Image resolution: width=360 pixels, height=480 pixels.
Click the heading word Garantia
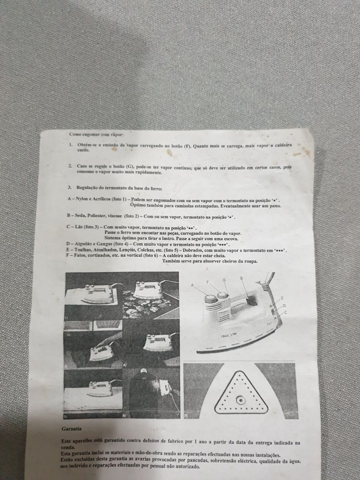pos(71,429)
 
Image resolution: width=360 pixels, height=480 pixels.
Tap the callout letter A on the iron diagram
pos(192,285)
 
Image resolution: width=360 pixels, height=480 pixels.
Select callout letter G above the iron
pos(224,280)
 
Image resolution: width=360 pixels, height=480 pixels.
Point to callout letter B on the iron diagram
pos(241,278)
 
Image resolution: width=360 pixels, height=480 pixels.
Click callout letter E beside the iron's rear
pos(281,298)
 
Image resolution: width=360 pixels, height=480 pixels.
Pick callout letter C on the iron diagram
pos(285,312)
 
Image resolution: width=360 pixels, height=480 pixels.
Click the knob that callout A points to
pos(210,299)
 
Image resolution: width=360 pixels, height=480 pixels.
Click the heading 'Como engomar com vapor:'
pos(96,134)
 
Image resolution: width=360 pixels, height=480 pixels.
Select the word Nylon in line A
pos(82,199)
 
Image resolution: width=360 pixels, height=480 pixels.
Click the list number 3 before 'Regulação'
pos(70,187)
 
